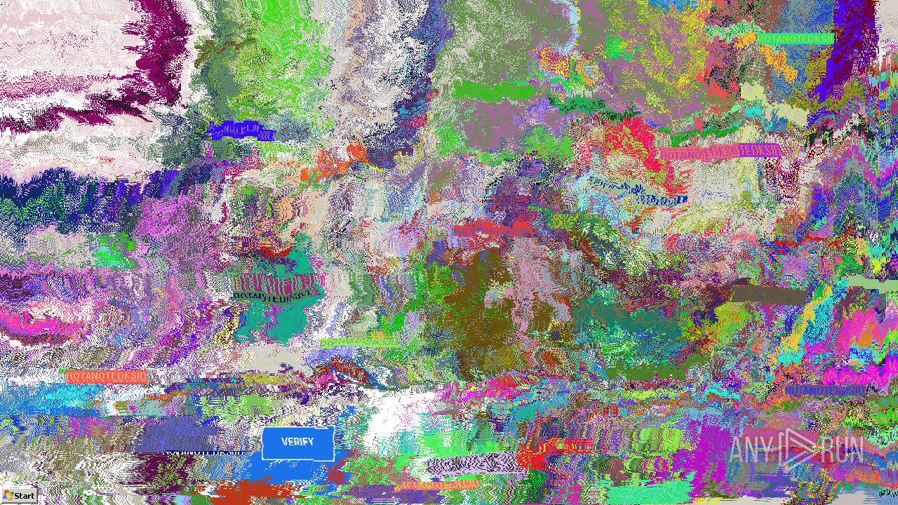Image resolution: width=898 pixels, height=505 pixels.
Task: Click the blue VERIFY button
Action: point(297,443)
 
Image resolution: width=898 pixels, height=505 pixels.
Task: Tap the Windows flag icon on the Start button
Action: point(8,495)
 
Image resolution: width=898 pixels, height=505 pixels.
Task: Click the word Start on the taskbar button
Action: point(24,496)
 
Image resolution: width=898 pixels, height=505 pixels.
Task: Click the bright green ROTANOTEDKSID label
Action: point(794,39)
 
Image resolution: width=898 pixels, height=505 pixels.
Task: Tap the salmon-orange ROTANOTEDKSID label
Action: point(107,377)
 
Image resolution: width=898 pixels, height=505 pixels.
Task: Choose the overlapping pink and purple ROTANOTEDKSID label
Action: point(720,152)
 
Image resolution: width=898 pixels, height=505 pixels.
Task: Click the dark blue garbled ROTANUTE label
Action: point(824,390)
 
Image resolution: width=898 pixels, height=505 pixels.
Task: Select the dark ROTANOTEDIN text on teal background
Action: point(275,296)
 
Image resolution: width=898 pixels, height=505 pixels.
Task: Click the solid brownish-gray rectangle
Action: point(769,295)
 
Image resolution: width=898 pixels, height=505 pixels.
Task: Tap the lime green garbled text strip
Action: point(358,343)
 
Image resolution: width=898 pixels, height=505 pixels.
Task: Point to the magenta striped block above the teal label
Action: point(277,283)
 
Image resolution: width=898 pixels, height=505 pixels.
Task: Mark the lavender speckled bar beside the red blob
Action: point(474,464)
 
